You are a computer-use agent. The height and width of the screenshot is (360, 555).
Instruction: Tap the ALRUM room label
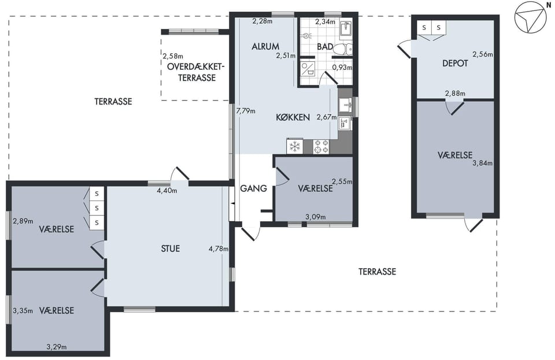265,46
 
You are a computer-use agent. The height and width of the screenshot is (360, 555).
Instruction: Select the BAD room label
325,47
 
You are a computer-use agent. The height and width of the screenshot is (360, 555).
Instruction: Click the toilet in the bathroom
343,49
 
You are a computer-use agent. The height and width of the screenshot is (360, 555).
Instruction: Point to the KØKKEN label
293,117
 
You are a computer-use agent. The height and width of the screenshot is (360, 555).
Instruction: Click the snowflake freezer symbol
295,146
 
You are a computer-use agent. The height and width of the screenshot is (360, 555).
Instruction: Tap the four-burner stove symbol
321,146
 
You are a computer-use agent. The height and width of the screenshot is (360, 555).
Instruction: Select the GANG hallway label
253,188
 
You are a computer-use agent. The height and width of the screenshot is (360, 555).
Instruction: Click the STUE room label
170,248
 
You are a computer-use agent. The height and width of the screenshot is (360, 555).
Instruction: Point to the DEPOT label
455,64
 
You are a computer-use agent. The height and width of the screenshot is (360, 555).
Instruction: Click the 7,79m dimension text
246,111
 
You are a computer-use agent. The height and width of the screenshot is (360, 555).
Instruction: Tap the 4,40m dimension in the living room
166,191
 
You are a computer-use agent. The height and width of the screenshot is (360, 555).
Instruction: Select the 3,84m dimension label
482,163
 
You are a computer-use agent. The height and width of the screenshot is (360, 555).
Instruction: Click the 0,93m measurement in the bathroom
342,67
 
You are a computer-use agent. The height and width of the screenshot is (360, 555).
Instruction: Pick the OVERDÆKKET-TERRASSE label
197,72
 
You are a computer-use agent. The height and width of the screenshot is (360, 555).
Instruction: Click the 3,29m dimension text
57,347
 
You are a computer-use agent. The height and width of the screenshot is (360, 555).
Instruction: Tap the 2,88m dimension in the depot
455,94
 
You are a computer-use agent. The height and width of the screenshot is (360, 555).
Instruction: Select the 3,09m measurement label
316,217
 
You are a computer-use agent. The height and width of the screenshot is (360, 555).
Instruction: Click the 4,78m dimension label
219,248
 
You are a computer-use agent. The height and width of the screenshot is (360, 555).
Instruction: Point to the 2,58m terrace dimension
173,56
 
